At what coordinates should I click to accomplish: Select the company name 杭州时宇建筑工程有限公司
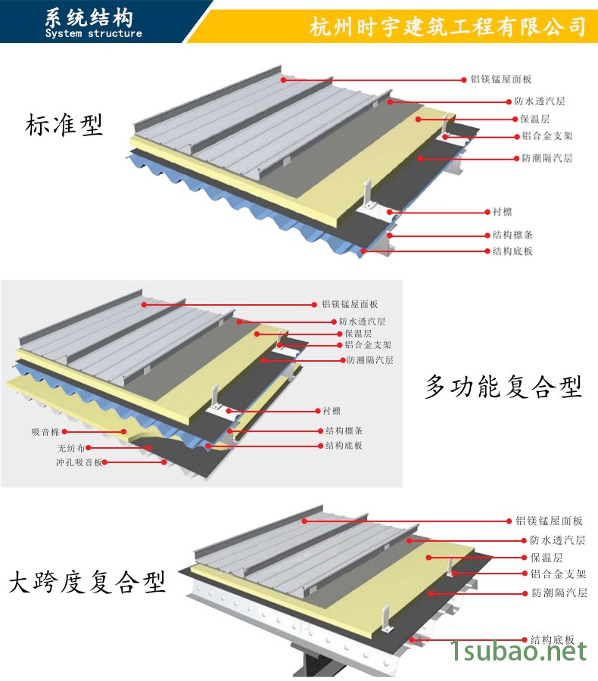point(449,26)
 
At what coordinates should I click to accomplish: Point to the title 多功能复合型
point(503,387)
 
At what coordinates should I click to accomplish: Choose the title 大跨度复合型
point(87,583)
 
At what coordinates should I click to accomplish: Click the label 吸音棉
point(46,432)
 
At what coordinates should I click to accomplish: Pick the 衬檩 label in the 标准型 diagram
point(502,213)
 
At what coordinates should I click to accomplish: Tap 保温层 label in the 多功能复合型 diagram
point(358,333)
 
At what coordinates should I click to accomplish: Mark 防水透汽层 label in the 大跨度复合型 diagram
point(557,540)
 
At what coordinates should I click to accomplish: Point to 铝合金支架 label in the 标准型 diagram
point(547,137)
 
